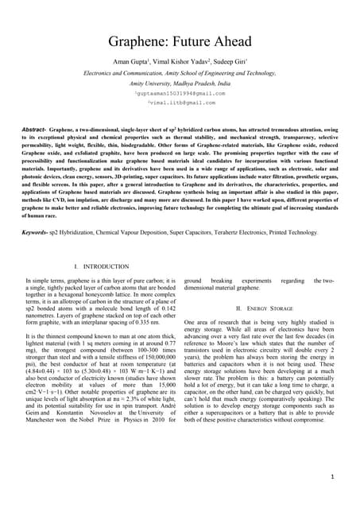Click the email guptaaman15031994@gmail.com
click(180, 93)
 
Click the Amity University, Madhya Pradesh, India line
click(180, 83)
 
